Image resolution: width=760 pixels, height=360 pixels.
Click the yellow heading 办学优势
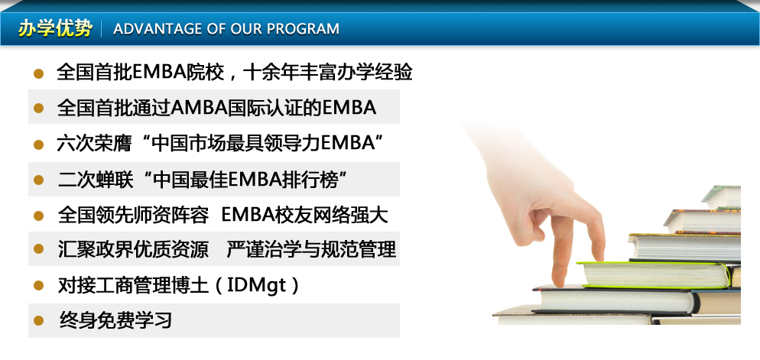tap(55, 28)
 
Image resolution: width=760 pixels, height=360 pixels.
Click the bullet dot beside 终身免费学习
tap(39, 320)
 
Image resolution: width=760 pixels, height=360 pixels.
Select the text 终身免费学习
tap(115, 320)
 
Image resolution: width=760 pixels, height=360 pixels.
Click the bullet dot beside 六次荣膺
tap(39, 144)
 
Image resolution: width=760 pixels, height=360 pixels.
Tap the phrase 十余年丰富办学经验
tap(328, 72)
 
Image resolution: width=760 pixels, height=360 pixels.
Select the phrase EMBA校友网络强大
tap(304, 215)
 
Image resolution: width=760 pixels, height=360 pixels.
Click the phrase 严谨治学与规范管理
tap(311, 249)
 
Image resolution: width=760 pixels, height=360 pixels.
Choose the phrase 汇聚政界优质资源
tap(133, 249)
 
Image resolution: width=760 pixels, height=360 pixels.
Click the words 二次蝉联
tap(95, 180)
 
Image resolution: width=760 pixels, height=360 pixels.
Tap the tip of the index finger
tap(559, 283)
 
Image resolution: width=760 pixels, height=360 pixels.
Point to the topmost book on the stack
tap(721, 196)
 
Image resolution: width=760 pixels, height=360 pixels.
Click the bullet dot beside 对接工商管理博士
tap(39, 285)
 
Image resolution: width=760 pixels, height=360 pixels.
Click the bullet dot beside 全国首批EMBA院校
tap(39, 73)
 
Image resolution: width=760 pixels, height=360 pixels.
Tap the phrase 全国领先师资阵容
tap(133, 215)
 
